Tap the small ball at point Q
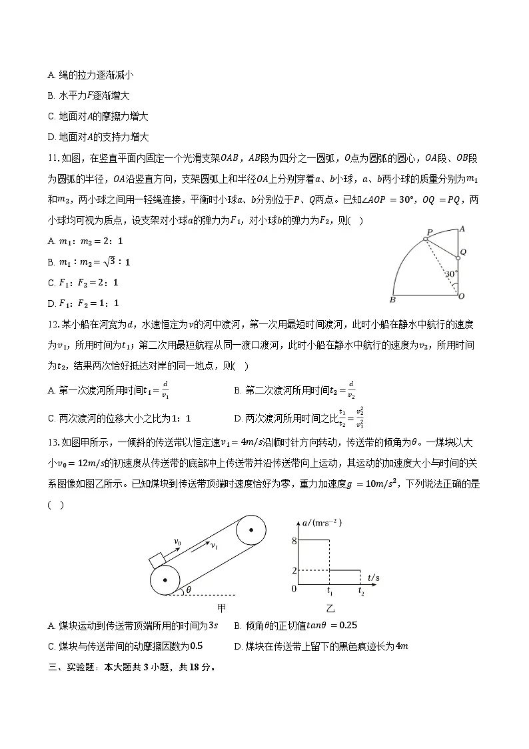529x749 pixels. tap(458, 257)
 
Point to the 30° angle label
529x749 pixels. tap(450, 274)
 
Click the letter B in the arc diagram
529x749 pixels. tap(392, 299)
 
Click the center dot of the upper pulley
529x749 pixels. tap(251, 531)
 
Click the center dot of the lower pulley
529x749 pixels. tap(164, 580)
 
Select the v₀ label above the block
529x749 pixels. tap(177, 542)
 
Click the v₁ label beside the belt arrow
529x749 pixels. tap(214, 546)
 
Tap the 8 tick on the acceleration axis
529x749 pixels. tap(294, 540)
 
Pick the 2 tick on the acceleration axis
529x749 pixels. tap(294, 570)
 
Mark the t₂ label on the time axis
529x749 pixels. tap(361, 591)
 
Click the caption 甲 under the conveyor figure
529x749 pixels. tap(222, 608)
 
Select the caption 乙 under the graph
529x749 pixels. tap(330, 608)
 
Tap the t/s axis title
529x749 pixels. tap(374, 577)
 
